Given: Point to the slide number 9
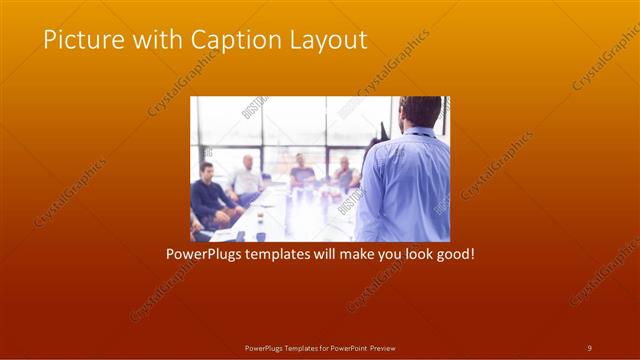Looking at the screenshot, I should (589, 347).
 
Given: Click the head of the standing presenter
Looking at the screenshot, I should (419, 112).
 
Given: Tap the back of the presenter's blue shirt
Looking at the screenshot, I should (404, 185).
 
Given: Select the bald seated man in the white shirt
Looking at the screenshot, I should (246, 180).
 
